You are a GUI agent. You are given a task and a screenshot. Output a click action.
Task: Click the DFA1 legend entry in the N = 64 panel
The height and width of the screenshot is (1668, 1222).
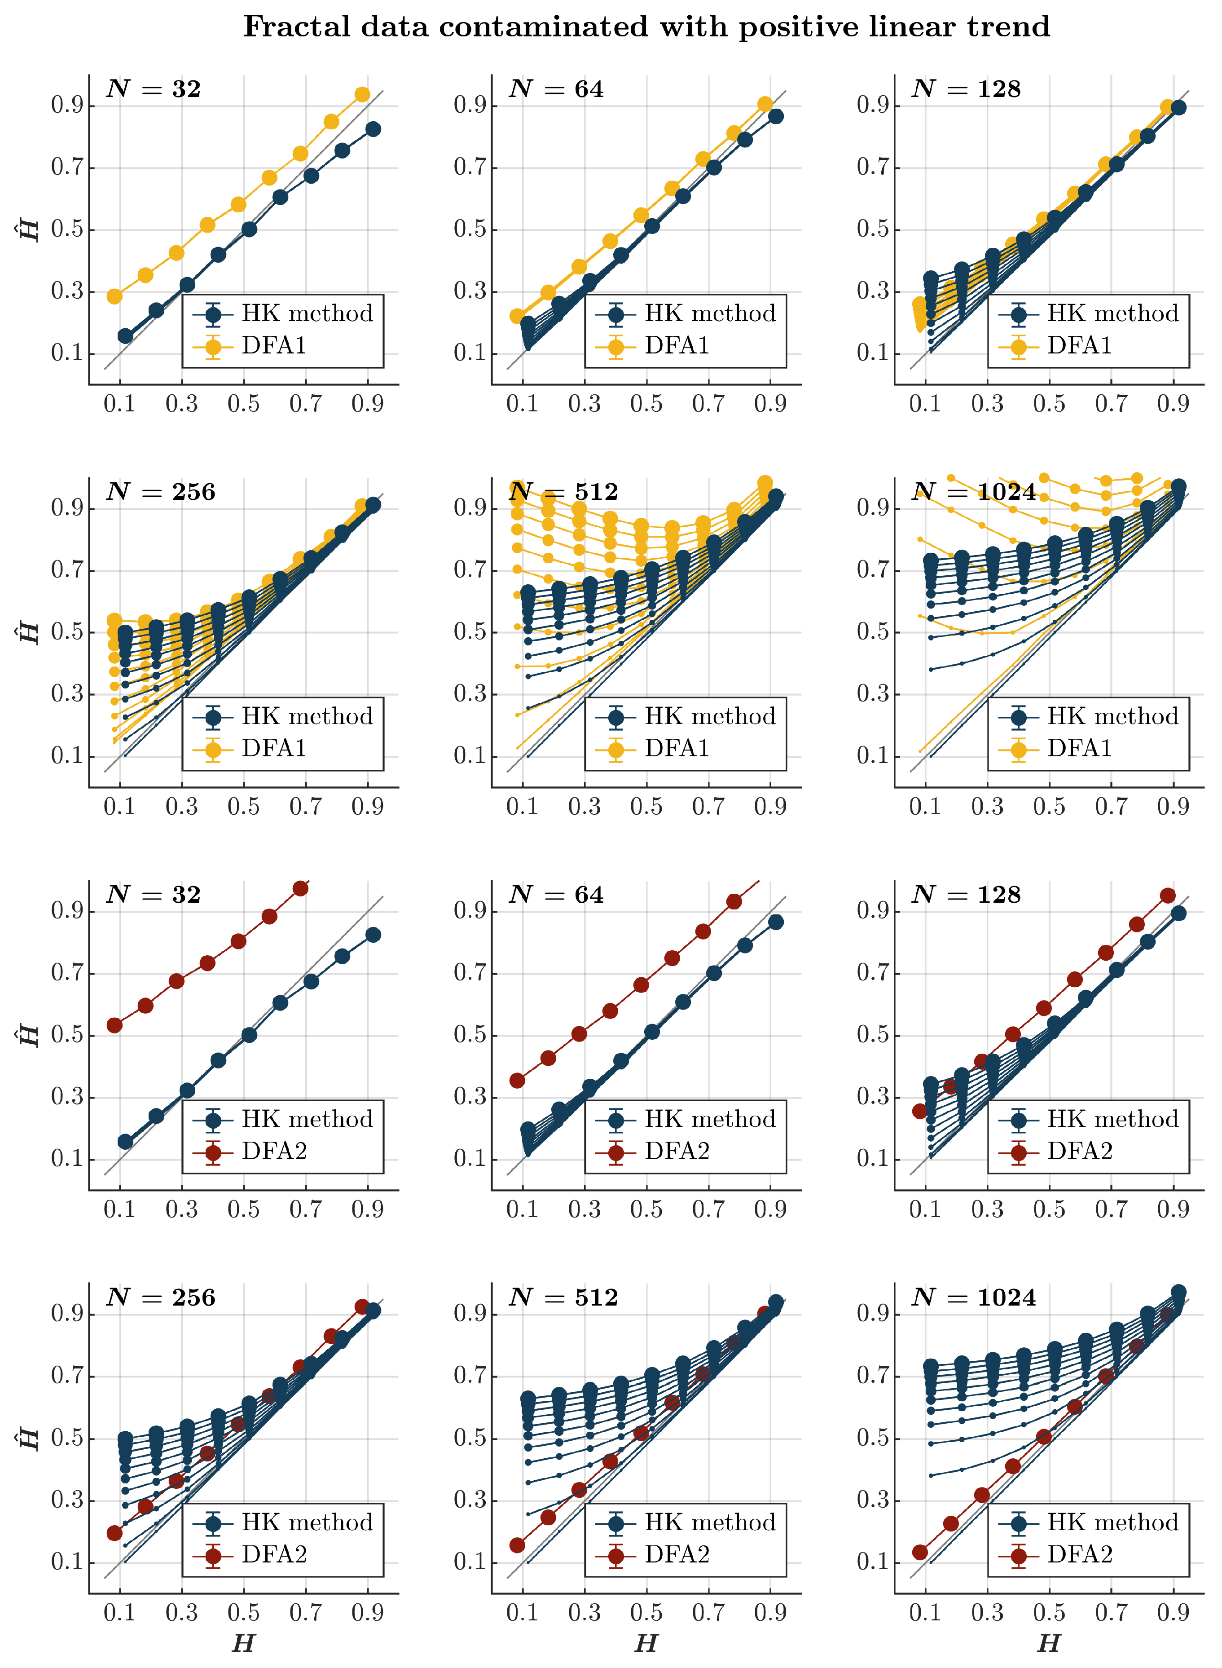[676, 345]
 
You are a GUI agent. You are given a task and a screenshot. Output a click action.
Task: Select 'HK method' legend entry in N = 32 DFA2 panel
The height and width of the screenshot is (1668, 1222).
[307, 1119]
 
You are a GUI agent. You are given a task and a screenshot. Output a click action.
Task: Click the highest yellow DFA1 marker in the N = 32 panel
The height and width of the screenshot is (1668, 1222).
[362, 95]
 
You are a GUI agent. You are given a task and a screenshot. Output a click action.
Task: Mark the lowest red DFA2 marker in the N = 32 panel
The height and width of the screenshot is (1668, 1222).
[114, 1025]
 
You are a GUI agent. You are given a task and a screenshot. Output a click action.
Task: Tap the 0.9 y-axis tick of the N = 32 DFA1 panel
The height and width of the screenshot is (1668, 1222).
[66, 105]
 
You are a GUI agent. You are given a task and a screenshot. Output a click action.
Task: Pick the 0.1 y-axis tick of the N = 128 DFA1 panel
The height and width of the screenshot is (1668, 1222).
[873, 353]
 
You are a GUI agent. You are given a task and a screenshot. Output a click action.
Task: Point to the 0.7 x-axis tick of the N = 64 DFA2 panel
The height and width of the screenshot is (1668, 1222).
[708, 1209]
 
